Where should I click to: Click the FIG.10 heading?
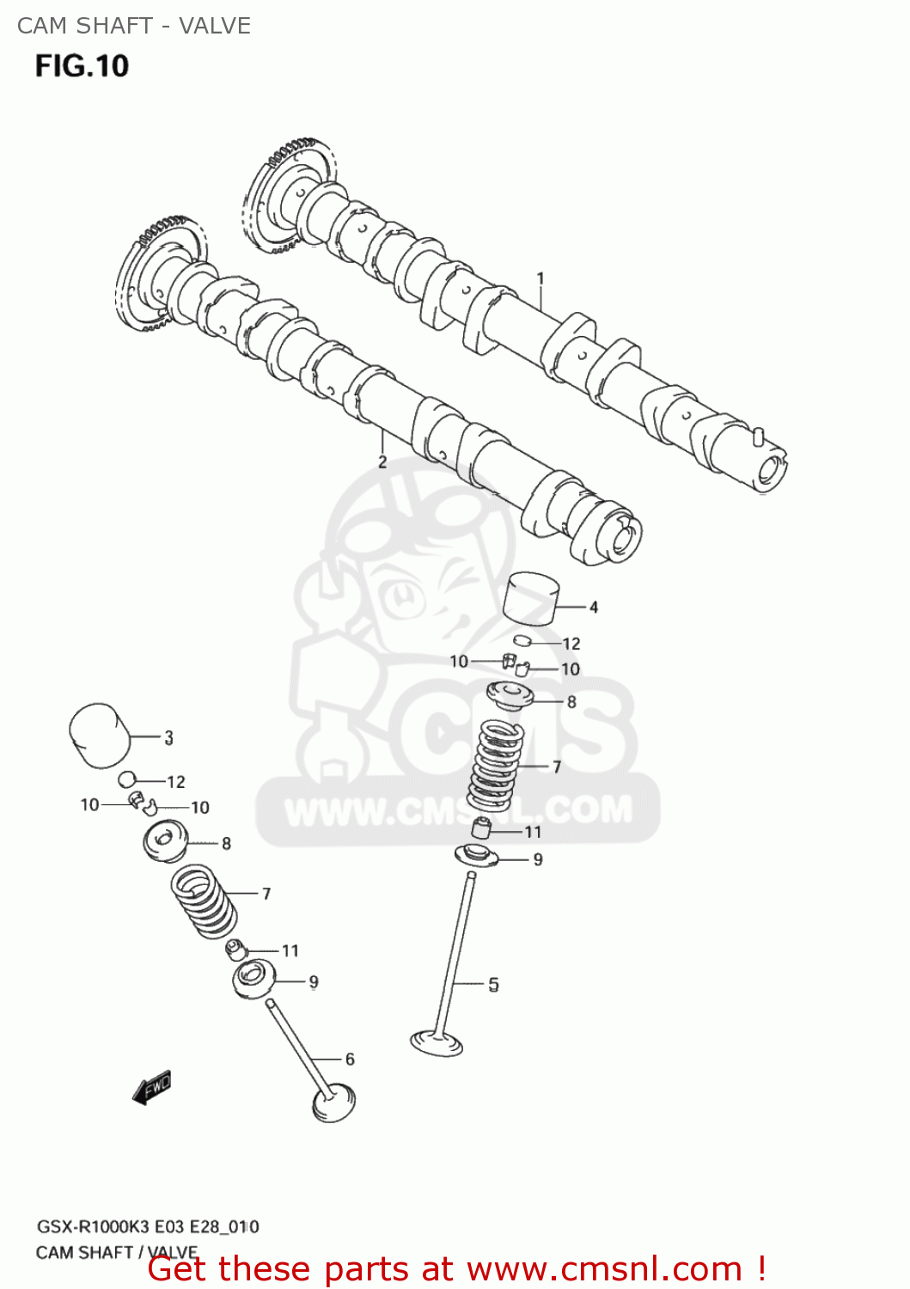click(x=82, y=66)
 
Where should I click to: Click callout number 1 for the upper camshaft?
click(x=541, y=278)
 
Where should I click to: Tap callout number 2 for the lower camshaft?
click(x=382, y=462)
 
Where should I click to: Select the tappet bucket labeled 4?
click(x=531, y=599)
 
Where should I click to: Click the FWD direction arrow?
click(x=153, y=1087)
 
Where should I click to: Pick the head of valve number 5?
click(x=437, y=1042)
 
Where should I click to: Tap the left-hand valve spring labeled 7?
click(x=205, y=902)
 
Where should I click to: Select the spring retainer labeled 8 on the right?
click(x=510, y=694)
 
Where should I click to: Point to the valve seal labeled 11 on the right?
click(x=482, y=829)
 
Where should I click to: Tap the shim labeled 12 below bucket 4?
click(x=522, y=640)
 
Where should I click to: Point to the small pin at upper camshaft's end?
click(x=757, y=435)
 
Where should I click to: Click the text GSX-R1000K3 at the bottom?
click(x=95, y=1227)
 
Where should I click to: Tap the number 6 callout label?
click(x=350, y=1060)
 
